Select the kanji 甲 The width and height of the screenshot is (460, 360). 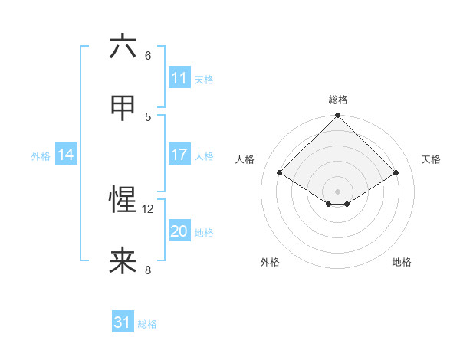[x=123, y=108]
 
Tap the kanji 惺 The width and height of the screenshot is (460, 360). [x=123, y=200]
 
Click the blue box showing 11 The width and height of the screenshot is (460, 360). [x=179, y=78]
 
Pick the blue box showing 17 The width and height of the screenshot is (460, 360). [x=179, y=155]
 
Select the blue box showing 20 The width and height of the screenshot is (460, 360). [x=179, y=231]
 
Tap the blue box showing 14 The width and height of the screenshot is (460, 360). [x=66, y=155]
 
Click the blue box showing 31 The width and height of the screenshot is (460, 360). [x=123, y=322]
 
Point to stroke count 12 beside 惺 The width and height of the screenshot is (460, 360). [x=148, y=208]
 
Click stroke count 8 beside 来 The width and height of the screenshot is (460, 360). [x=148, y=270]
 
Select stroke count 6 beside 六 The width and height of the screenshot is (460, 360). [x=148, y=55]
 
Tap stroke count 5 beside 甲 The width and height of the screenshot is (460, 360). [x=148, y=116]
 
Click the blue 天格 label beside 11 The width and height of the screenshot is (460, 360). [x=204, y=79]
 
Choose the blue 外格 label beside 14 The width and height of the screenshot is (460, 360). [x=41, y=155]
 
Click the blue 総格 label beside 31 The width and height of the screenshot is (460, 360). [x=147, y=323]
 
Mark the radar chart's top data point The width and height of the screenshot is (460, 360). [x=337, y=116]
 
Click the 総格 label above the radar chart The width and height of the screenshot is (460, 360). [x=337, y=100]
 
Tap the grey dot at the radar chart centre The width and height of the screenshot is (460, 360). [x=337, y=190]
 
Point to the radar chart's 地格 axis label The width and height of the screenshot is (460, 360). [x=402, y=262]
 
